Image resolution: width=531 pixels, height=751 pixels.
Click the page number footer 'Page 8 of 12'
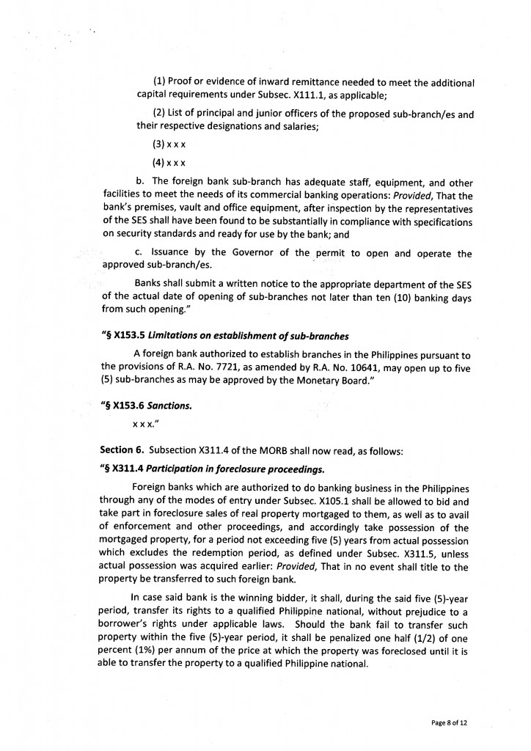(x=449, y=722)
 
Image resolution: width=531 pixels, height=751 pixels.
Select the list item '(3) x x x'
(x=169, y=145)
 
